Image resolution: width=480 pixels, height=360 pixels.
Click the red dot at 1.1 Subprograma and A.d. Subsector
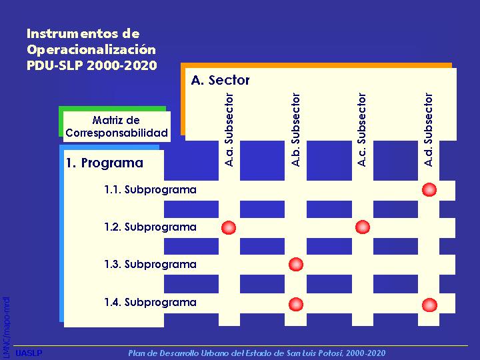(429, 189)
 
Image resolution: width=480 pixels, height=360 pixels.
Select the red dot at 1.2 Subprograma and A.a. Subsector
(229, 227)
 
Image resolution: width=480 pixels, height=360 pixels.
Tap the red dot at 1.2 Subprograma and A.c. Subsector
(363, 227)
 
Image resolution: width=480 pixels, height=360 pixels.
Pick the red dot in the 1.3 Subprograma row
(296, 265)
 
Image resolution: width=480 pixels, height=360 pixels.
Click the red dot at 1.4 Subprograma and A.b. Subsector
(296, 304)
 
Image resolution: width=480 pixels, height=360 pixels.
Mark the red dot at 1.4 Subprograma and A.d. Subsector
(429, 305)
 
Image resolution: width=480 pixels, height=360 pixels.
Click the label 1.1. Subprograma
(150, 190)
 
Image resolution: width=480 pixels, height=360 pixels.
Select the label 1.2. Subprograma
(150, 227)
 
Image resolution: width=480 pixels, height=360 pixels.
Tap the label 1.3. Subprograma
(150, 265)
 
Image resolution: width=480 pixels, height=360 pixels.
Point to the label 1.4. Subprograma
(150, 303)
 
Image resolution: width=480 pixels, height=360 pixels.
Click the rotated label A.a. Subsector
(229, 130)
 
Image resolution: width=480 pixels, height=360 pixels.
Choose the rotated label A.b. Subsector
(296, 130)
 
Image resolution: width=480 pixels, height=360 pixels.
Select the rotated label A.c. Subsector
(362, 130)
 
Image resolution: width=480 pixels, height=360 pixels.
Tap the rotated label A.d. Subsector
(429, 130)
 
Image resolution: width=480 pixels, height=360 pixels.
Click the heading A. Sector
(221, 80)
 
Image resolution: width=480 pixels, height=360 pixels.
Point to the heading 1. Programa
(105, 163)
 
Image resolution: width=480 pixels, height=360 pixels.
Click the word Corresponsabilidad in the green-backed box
(117, 133)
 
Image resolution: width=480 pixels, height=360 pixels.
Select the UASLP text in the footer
(29, 353)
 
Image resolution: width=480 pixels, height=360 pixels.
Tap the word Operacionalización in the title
(91, 49)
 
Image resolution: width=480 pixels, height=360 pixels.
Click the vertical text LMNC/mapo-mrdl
(6, 327)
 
